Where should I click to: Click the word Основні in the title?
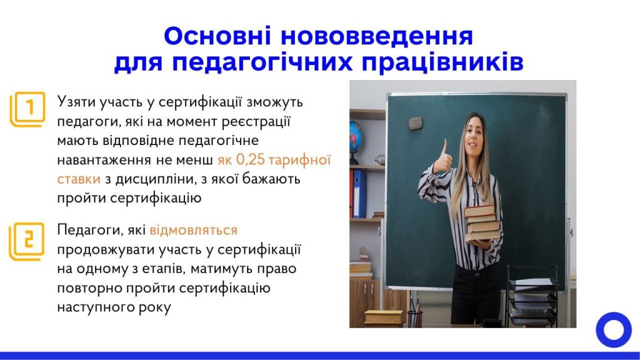[217, 36]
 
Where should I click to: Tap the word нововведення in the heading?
[377, 36]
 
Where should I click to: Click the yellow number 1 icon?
[27, 109]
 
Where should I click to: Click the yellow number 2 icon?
[27, 242]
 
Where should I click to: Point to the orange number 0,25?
[251, 159]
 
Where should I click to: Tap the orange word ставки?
[78, 179]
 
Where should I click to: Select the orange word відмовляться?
[194, 230]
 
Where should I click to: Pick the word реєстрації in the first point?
[256, 121]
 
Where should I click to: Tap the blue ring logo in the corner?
[614, 330]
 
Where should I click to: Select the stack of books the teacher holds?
[482, 223]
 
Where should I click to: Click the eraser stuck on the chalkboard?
[416, 123]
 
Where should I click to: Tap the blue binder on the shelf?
[359, 194]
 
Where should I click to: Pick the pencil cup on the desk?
[414, 318]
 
